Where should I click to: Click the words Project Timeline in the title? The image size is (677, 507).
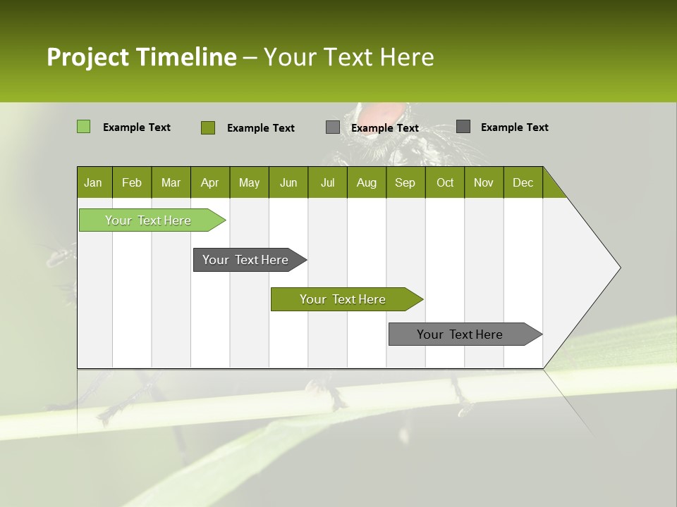pyautogui.click(x=141, y=57)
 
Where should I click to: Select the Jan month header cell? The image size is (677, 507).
pyautogui.click(x=94, y=182)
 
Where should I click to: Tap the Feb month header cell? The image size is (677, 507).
pyautogui.click(x=132, y=182)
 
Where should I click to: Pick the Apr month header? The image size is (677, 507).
pyautogui.click(x=210, y=182)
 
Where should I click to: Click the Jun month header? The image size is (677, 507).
pyautogui.click(x=288, y=182)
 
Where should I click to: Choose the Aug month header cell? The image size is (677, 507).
pyautogui.click(x=367, y=182)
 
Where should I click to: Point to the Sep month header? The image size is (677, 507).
pyautogui.click(x=405, y=182)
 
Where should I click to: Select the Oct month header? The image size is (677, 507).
pyautogui.click(x=445, y=182)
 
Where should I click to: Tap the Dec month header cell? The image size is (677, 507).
pyautogui.click(x=523, y=182)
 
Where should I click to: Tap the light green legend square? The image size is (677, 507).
pyautogui.click(x=83, y=127)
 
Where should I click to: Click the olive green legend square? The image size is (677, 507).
pyautogui.click(x=207, y=127)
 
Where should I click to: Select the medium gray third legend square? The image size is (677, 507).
pyautogui.click(x=332, y=127)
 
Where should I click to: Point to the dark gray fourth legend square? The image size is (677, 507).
pyautogui.click(x=463, y=126)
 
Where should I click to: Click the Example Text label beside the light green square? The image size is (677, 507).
pyautogui.click(x=137, y=127)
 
